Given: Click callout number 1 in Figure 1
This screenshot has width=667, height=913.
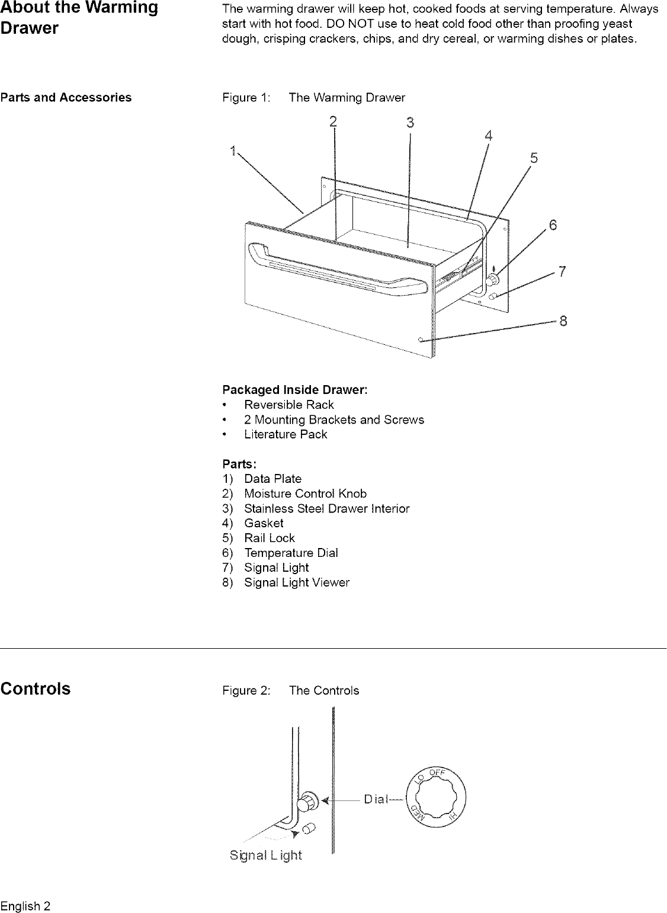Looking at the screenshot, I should click(x=232, y=150).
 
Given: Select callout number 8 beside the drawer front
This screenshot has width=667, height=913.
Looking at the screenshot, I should click(x=563, y=321).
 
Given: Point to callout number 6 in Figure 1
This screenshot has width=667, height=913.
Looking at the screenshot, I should click(x=553, y=225).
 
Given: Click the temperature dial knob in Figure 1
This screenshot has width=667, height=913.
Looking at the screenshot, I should click(x=493, y=279).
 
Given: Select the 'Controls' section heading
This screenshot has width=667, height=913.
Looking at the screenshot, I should click(x=36, y=688).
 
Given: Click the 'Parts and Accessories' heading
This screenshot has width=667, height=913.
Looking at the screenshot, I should click(x=66, y=98).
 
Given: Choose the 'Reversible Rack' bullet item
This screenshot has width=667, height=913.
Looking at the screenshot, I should click(x=288, y=405).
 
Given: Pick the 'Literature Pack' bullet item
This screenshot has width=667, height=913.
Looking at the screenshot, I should click(x=285, y=434).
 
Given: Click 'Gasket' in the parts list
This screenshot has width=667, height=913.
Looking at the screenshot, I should click(x=264, y=523).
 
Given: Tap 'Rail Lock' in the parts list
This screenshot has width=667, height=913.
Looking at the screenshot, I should click(x=269, y=538).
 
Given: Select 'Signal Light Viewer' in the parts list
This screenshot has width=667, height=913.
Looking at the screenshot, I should click(x=296, y=582).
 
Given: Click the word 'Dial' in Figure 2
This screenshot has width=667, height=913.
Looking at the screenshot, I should click(x=376, y=799).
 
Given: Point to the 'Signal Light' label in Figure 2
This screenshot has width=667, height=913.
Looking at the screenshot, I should click(x=265, y=856).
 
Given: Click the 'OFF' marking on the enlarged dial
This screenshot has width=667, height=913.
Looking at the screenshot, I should click(x=437, y=773).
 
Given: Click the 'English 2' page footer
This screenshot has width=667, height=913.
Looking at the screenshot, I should click(x=25, y=906).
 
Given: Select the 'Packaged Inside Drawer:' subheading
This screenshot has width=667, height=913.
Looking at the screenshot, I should click(x=295, y=390).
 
